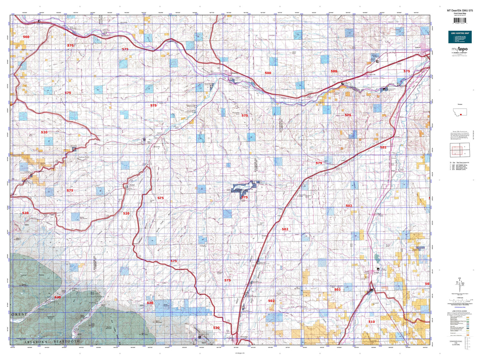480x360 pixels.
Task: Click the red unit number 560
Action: (x=26, y=37)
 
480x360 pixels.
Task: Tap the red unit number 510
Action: (x=371, y=322)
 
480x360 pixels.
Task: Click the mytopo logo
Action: (x=460, y=49)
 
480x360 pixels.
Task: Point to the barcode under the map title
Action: (x=460, y=21)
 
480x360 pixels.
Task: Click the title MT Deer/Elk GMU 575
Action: (x=460, y=11)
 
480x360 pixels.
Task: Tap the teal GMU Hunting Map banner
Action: (x=460, y=37)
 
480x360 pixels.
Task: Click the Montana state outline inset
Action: (x=460, y=112)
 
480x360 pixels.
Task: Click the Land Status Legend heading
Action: (x=460, y=311)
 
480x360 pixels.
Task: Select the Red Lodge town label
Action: (x=244, y=337)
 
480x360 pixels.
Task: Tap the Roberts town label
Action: (x=264, y=236)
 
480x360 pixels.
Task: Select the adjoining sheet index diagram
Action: (x=460, y=150)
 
